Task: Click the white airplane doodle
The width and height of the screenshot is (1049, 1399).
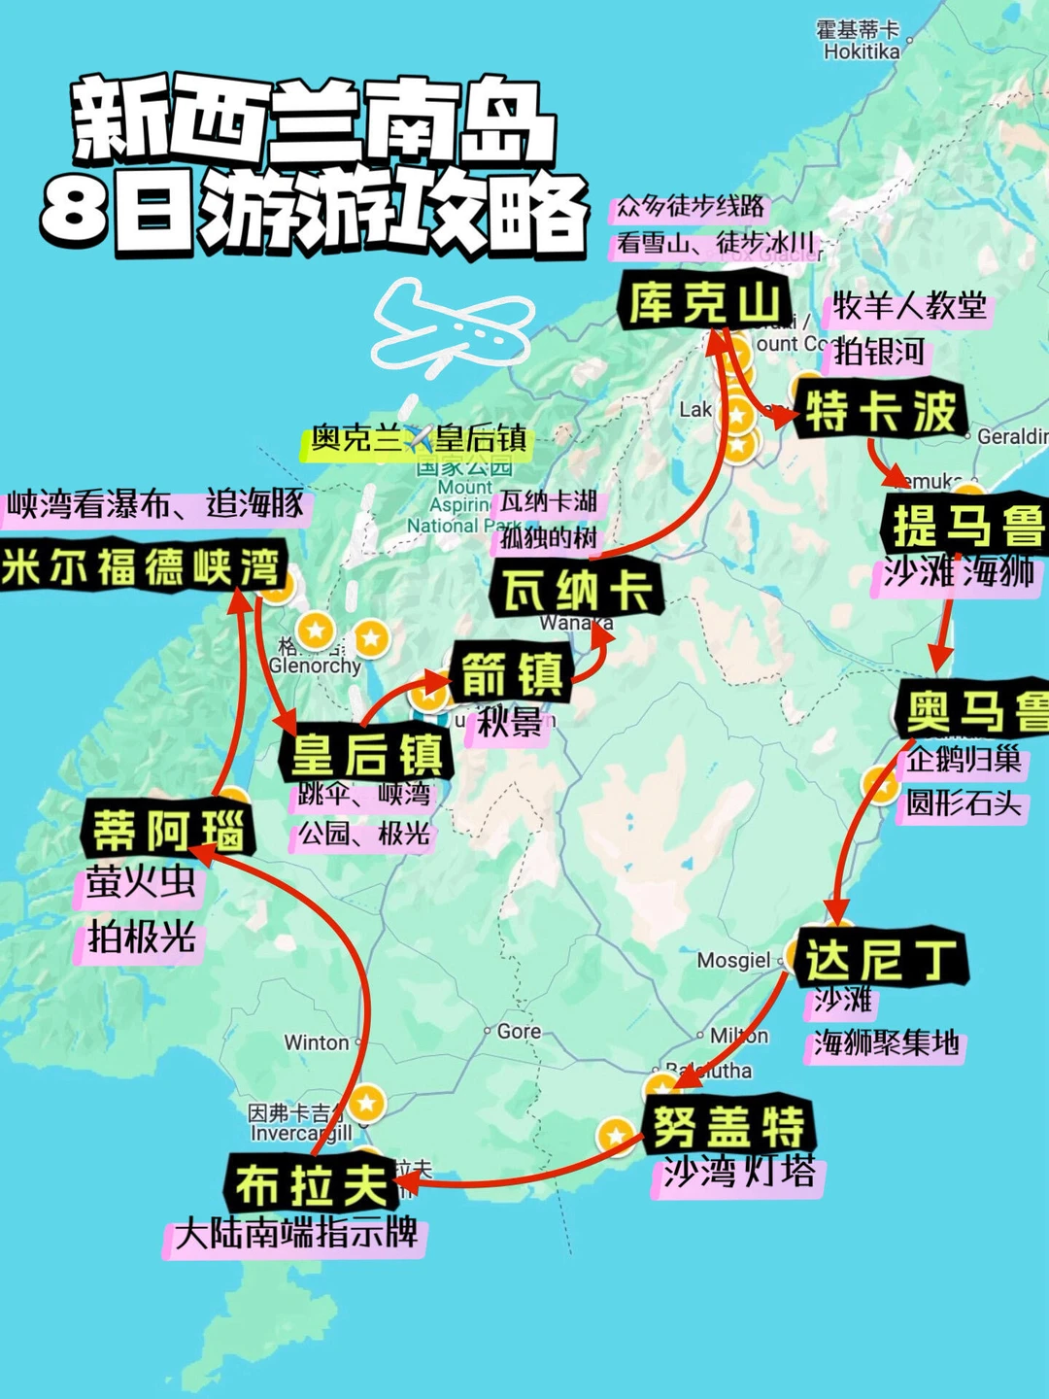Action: pyautogui.click(x=453, y=326)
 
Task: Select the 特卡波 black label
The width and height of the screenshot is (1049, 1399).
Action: pyautogui.click(x=880, y=410)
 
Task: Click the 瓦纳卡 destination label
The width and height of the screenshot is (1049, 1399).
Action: pyautogui.click(x=577, y=589)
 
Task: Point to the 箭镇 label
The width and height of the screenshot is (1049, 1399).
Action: pyautogui.click(x=512, y=674)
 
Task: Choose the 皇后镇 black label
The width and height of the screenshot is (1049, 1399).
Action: pyautogui.click(x=367, y=754)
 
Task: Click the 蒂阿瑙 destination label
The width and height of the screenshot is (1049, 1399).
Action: pyautogui.click(x=168, y=830)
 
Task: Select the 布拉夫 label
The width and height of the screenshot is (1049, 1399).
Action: pyautogui.click(x=312, y=1185)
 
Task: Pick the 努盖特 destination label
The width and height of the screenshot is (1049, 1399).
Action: pyautogui.click(x=728, y=1126)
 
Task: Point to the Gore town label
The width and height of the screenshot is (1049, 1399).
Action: pyautogui.click(x=519, y=1031)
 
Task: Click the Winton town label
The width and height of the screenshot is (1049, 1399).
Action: pyautogui.click(x=317, y=1042)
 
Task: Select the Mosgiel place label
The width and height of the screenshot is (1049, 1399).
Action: pyautogui.click(x=733, y=961)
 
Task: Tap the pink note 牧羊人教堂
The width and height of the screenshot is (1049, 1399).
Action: pyautogui.click(x=908, y=307)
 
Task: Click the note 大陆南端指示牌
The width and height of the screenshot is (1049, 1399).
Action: pyautogui.click(x=296, y=1234)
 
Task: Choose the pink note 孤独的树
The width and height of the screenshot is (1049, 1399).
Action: pyautogui.click(x=549, y=537)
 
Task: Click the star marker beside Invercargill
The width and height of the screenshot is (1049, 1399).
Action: pyautogui.click(x=366, y=1103)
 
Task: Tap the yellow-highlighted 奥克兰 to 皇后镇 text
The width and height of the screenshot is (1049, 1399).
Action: pyautogui.click(x=418, y=439)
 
